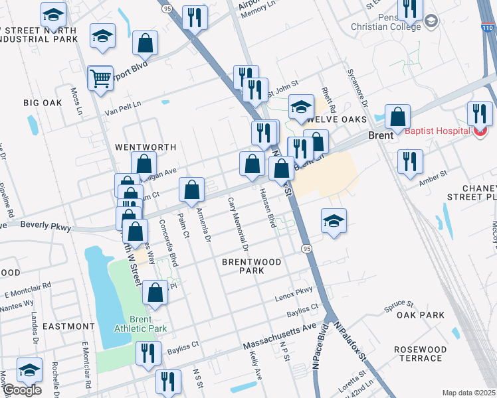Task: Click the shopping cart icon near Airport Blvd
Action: pyautogui.click(x=100, y=78)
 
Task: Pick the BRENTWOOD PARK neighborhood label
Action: pyautogui.click(x=252, y=267)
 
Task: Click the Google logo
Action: pyautogui.click(x=22, y=390)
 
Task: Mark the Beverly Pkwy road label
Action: pyautogui.click(x=45, y=226)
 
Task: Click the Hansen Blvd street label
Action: pyautogui.click(x=267, y=208)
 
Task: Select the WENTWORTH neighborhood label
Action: pyautogui.click(x=146, y=147)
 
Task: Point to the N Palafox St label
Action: pyautogui.click(x=351, y=342)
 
